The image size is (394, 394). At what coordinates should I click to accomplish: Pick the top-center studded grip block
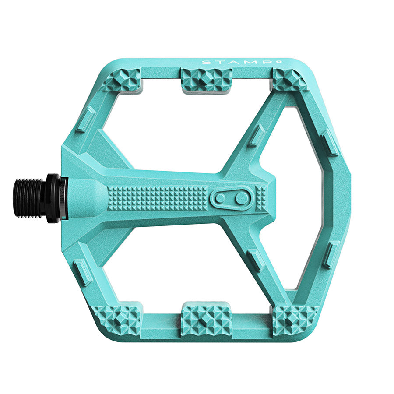coord(206,79)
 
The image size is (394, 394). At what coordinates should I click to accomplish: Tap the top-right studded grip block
coord(289,79)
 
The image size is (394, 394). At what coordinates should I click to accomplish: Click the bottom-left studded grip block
coord(117,318)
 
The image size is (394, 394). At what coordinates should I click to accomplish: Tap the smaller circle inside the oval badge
coord(221,198)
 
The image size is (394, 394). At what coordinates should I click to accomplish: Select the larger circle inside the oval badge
coord(241,198)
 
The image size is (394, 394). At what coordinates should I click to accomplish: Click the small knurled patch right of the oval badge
coord(262,198)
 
